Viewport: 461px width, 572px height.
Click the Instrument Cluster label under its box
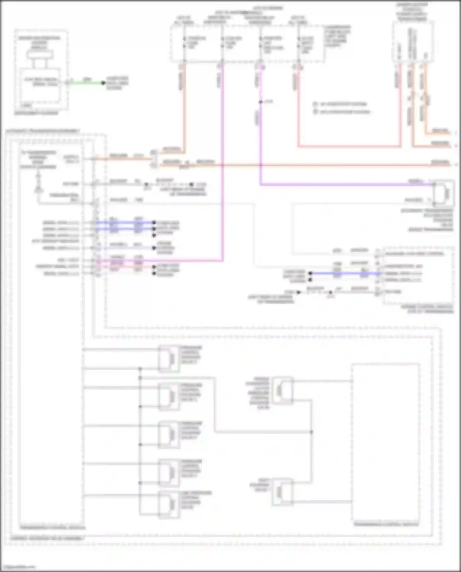tap(36, 113)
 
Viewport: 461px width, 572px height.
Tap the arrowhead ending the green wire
tap(103, 83)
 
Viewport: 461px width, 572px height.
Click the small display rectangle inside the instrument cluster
tap(40, 55)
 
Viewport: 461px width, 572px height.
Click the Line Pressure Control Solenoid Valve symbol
tap(169, 504)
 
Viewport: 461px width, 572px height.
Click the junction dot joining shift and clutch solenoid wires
tap(311, 432)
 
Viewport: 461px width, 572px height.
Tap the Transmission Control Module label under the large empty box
tap(386, 524)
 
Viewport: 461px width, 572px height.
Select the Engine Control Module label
tap(427, 309)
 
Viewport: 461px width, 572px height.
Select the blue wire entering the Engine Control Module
tap(344, 273)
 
